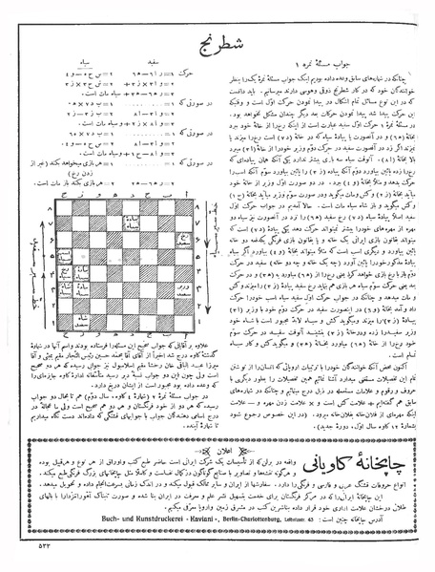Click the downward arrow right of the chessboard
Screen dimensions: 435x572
[x=212, y=277]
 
